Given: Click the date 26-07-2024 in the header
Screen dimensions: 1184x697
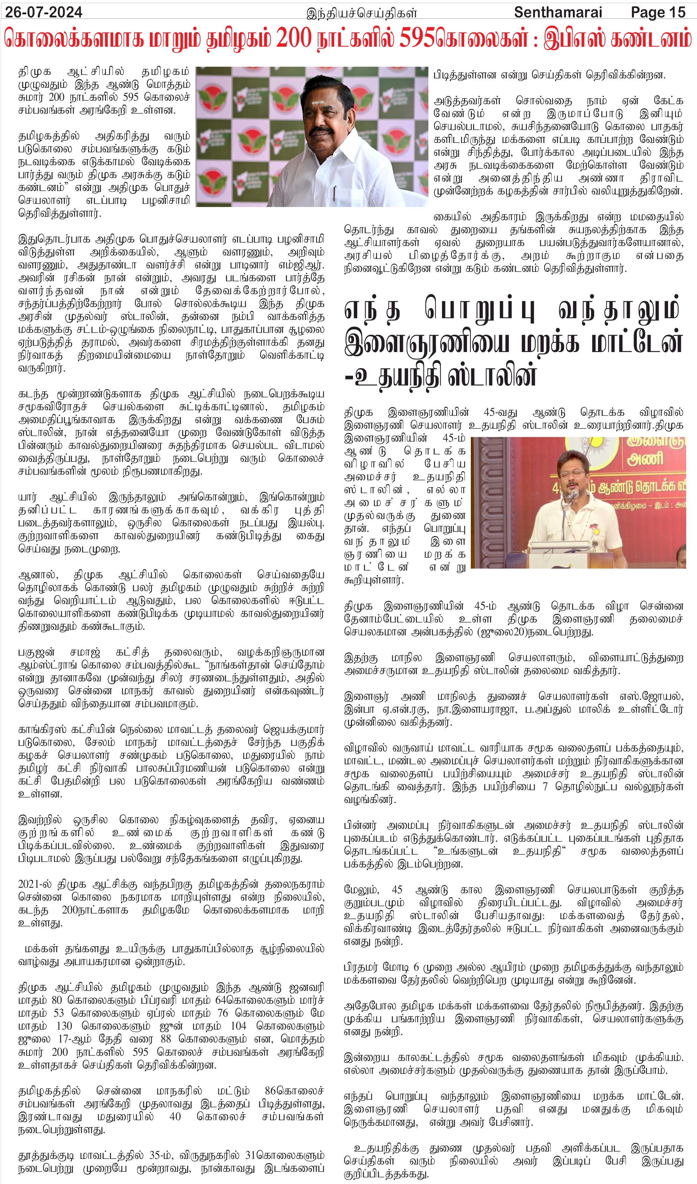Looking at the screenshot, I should pyautogui.click(x=44, y=12).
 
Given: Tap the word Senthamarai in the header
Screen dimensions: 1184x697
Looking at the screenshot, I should pyautogui.click(x=558, y=12).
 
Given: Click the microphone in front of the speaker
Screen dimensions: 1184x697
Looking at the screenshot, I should pyautogui.click(x=572, y=495).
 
